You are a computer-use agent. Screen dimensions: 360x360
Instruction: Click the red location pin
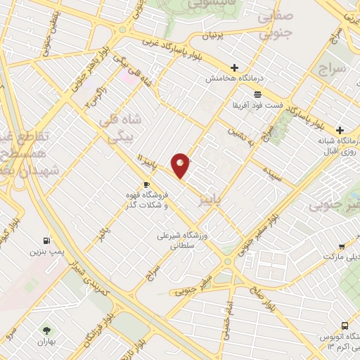(181, 165)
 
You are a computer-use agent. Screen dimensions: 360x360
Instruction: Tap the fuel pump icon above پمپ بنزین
(47, 240)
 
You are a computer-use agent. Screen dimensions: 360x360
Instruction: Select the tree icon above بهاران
(47, 330)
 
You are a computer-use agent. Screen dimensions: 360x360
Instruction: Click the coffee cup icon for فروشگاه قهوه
(146, 185)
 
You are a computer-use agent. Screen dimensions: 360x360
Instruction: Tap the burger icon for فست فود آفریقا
(258, 94)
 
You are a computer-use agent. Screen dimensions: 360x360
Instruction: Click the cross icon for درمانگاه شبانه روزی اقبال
(340, 131)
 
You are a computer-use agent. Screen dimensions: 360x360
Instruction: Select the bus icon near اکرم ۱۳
(345, 326)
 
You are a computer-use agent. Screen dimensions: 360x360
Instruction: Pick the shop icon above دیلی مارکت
(341, 247)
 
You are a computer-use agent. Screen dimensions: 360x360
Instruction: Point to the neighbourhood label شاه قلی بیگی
(123, 127)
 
